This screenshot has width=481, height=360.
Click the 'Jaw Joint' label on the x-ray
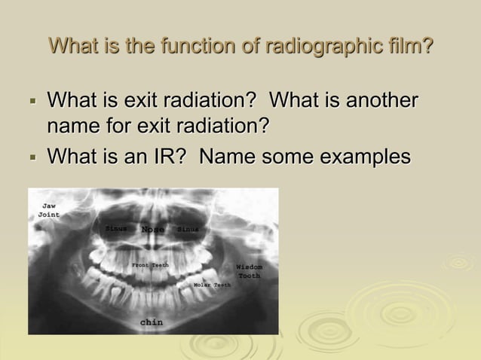click(x=48, y=210)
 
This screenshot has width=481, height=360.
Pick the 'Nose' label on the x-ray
click(x=153, y=230)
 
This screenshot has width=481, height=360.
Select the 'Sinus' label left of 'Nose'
click(x=115, y=228)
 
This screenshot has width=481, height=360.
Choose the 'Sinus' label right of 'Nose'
click(x=188, y=229)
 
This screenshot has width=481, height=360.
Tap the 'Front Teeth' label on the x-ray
click(x=150, y=265)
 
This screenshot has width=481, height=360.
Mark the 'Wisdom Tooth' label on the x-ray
click(x=249, y=271)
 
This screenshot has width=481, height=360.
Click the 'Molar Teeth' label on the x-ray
click(x=212, y=285)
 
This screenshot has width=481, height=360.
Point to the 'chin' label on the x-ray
click(x=152, y=322)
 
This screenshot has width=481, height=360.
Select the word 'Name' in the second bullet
click(x=226, y=157)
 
